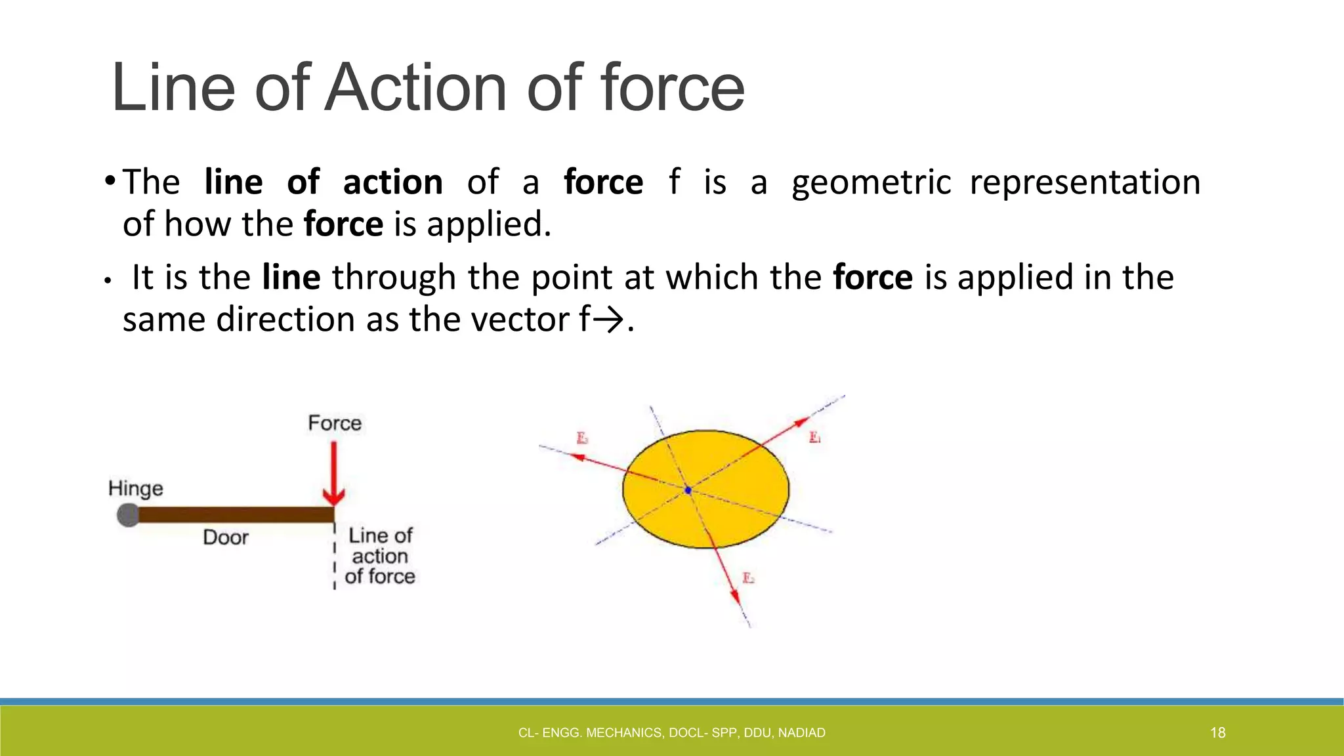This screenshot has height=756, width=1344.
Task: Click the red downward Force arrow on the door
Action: tap(334, 472)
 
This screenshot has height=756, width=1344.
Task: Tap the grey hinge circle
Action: tap(128, 515)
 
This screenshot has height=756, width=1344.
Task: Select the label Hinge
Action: tap(135, 489)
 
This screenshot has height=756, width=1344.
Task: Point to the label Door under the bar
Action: tap(226, 537)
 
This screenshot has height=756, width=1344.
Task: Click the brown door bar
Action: tap(236, 515)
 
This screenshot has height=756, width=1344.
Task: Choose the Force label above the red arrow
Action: tap(335, 423)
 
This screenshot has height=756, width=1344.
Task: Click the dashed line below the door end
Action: tap(335, 558)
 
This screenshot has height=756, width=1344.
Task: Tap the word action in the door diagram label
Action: tap(380, 556)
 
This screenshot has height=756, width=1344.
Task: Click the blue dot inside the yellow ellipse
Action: tap(688, 490)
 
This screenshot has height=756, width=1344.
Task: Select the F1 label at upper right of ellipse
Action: tap(814, 437)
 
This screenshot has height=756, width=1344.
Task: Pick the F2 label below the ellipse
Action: tap(748, 578)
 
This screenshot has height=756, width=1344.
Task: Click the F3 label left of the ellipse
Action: tap(582, 438)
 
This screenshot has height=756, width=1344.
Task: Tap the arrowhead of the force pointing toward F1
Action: tap(802, 422)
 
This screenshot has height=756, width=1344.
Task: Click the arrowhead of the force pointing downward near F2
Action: tap(736, 597)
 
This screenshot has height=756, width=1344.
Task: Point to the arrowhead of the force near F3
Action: tap(577, 457)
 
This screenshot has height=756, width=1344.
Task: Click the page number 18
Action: tap(1218, 733)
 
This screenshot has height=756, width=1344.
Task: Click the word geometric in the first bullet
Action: tap(871, 182)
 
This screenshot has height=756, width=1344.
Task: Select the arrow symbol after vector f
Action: tap(610, 321)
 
